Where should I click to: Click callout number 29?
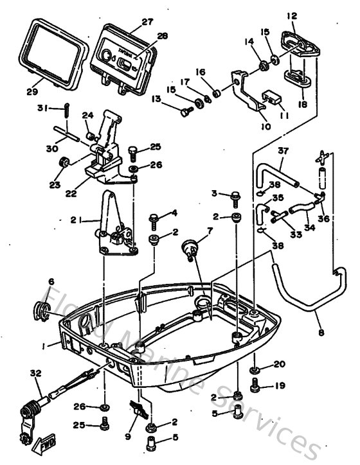click(33, 92)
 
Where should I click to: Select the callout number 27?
click(147, 22)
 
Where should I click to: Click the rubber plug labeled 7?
click(190, 248)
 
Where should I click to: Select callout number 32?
click(34, 372)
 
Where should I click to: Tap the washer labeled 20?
click(255, 371)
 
